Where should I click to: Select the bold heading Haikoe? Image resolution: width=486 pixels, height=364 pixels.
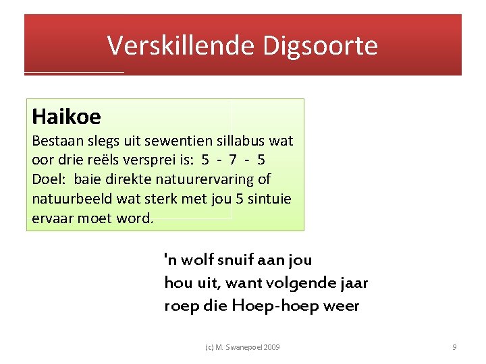click(x=66, y=117)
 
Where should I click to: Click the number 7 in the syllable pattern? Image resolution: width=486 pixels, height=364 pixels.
click(x=233, y=160)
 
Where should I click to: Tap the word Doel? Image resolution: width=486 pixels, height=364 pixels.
click(x=49, y=179)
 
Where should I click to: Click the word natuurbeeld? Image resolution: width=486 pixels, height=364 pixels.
click(x=69, y=199)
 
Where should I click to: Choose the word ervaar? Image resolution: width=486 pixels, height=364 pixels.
click(x=52, y=218)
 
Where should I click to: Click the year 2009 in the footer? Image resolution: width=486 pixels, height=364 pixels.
click(x=271, y=347)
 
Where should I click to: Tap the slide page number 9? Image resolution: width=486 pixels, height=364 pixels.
click(x=454, y=347)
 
